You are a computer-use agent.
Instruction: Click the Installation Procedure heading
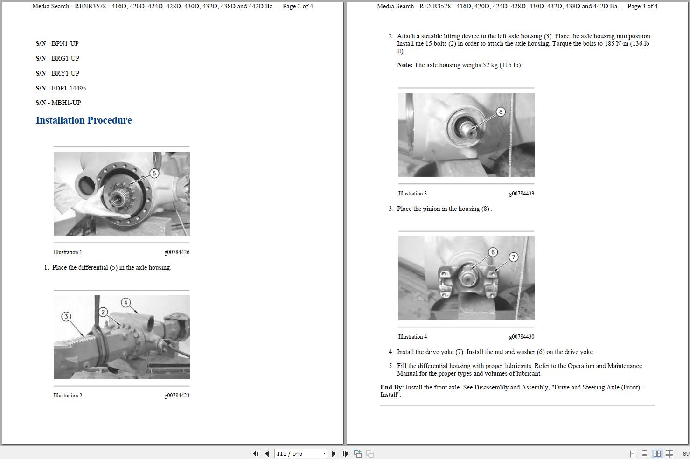(84, 120)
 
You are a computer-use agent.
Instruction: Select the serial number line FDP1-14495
(61, 88)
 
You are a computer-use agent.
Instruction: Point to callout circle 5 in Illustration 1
(154, 174)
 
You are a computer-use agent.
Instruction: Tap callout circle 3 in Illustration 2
(66, 317)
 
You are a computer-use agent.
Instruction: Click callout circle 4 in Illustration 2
(125, 303)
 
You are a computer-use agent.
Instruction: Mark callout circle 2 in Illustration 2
(103, 312)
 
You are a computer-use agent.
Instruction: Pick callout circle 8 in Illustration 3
(501, 112)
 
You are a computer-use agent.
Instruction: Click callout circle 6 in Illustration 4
(493, 252)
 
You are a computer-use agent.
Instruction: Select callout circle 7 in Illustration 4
(513, 257)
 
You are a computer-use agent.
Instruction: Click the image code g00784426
(176, 252)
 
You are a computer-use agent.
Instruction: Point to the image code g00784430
(521, 337)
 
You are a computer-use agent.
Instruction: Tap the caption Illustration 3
(412, 194)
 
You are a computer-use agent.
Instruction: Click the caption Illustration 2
(68, 396)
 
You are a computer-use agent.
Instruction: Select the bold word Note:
(404, 65)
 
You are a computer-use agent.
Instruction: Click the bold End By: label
(392, 388)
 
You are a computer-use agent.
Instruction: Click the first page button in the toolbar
(256, 453)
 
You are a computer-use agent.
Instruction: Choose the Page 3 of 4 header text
(642, 7)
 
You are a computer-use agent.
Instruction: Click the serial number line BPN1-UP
(57, 43)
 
